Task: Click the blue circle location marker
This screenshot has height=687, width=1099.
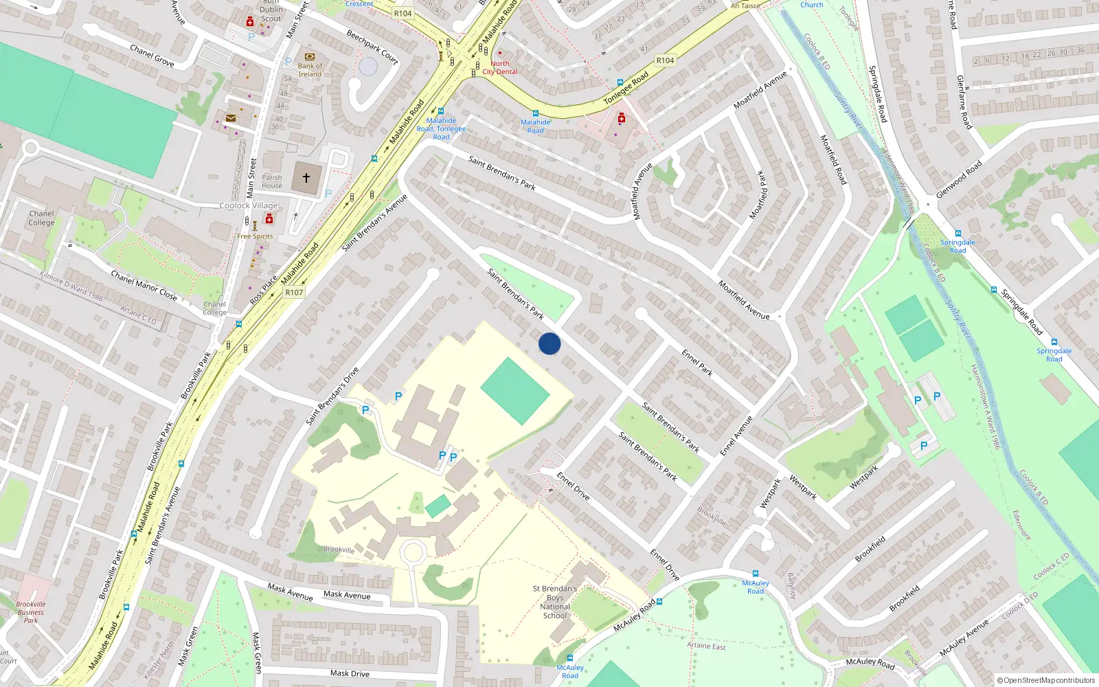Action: pyautogui.click(x=549, y=343)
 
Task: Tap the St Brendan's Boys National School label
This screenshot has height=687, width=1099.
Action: pyautogui.click(x=555, y=602)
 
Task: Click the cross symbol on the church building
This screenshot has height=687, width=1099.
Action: pyautogui.click(x=306, y=178)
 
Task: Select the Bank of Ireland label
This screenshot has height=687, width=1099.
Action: pyautogui.click(x=310, y=70)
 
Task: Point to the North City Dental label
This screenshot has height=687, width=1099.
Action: pyautogui.click(x=500, y=67)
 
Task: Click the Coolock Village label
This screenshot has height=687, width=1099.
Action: pyautogui.click(x=249, y=205)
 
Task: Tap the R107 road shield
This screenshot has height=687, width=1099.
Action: pyautogui.click(x=294, y=293)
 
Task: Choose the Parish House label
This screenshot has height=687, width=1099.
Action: pyautogui.click(x=272, y=181)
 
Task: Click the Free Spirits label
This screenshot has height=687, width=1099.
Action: pyautogui.click(x=255, y=236)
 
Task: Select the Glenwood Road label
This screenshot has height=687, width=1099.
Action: pyautogui.click(x=959, y=179)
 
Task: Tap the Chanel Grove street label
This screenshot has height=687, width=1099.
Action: pyautogui.click(x=152, y=56)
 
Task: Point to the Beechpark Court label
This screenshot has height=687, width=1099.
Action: pyautogui.click(x=372, y=47)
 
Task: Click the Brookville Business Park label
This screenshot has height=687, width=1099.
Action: pyautogui.click(x=31, y=612)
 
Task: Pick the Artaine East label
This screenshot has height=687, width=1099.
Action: pyautogui.click(x=706, y=646)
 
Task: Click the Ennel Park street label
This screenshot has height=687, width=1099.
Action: pyautogui.click(x=697, y=362)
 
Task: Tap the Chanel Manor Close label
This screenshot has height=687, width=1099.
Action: pyautogui.click(x=144, y=285)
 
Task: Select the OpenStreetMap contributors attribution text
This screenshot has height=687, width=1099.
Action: pyautogui.click(x=1045, y=681)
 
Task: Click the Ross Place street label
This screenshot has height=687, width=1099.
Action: pyautogui.click(x=264, y=291)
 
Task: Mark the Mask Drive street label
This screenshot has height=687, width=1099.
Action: pyautogui.click(x=350, y=673)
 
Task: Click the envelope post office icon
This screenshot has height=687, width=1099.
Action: pyautogui.click(x=231, y=118)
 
